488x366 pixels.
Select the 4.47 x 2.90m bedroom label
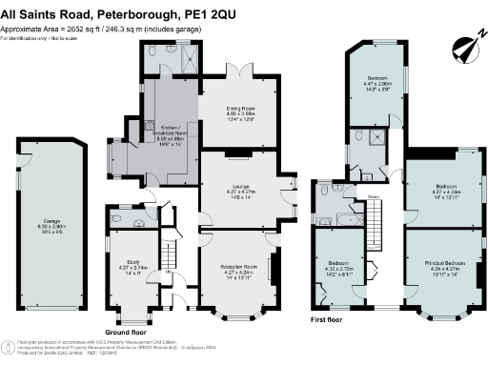click(374, 83)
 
